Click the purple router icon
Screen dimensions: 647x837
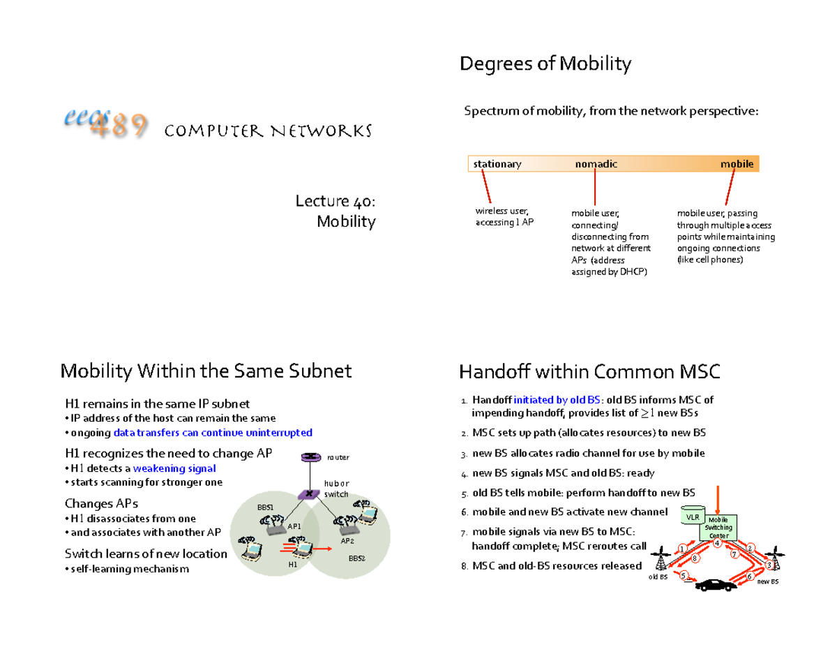tap(307, 457)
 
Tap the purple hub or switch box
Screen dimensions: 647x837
tap(307, 494)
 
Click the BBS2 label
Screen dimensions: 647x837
tap(357, 559)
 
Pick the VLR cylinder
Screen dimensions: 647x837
tap(692, 516)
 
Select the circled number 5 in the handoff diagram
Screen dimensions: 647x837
tap(684, 575)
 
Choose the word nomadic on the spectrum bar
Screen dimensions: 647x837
tap(595, 164)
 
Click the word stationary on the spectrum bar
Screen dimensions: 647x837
tap(497, 164)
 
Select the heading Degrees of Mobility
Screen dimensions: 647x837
tap(545, 64)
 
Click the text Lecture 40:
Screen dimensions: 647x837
tap(335, 202)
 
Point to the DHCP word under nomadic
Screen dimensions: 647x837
tap(632, 272)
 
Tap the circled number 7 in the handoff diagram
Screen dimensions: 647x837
tap(734, 556)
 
